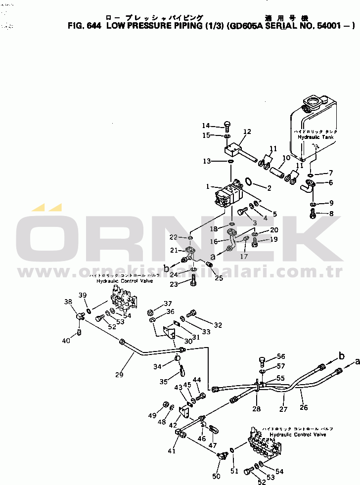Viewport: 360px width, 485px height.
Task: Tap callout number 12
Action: (247, 132)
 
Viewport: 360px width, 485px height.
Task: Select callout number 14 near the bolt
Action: (206, 125)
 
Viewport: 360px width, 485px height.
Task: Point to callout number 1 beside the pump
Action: (209, 186)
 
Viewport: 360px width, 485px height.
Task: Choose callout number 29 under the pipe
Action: (119, 375)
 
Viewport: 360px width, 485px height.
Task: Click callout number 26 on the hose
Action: (304, 408)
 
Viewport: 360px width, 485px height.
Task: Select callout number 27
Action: (283, 409)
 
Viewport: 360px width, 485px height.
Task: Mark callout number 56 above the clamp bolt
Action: (281, 356)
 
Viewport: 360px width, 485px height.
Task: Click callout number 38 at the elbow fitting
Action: (68, 302)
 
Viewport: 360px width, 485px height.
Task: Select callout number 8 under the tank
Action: (331, 214)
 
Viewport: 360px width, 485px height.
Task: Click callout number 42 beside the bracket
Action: (173, 425)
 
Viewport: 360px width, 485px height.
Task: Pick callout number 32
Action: (218, 325)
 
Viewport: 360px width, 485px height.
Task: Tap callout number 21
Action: (174, 250)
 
